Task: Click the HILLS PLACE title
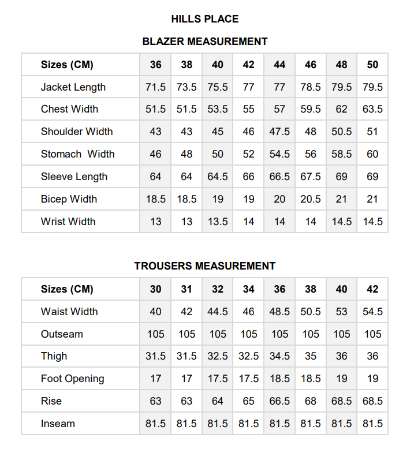point(205,19)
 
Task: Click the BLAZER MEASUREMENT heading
point(205,42)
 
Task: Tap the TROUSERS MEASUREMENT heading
point(205,266)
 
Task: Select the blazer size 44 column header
point(279,65)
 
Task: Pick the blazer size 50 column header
point(372,65)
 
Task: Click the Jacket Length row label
point(73,87)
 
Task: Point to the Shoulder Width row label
point(77,132)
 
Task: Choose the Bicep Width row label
point(69,199)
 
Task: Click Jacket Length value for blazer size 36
point(155,87)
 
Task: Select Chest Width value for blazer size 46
point(311,109)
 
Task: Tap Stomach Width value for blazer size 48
point(341,154)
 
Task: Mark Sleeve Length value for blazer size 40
point(218,177)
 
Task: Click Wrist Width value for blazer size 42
point(248,222)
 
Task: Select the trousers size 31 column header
point(187,289)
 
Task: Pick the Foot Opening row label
point(73,379)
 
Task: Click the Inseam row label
point(58,424)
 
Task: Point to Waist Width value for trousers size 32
point(218,312)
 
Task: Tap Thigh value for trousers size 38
point(311,356)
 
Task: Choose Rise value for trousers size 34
point(248,401)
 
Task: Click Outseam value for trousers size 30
point(155,334)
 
